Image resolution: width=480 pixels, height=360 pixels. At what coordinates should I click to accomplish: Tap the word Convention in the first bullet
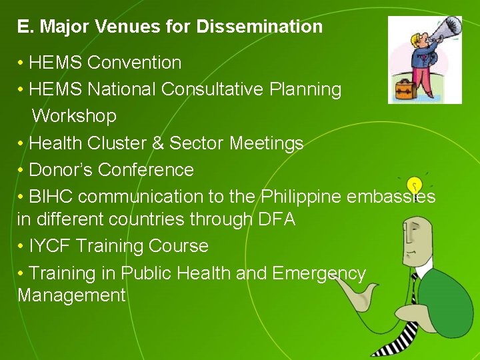[134, 63]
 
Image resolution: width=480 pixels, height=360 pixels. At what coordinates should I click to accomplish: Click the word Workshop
[74, 116]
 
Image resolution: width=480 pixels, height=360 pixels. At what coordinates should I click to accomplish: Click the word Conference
[146, 170]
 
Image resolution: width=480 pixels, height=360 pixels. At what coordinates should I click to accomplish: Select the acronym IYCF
[51, 246]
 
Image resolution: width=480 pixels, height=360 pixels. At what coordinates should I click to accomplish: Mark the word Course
[179, 246]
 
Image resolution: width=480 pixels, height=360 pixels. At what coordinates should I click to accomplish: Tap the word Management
[71, 295]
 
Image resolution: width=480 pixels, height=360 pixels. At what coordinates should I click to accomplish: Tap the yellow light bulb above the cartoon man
[415, 184]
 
